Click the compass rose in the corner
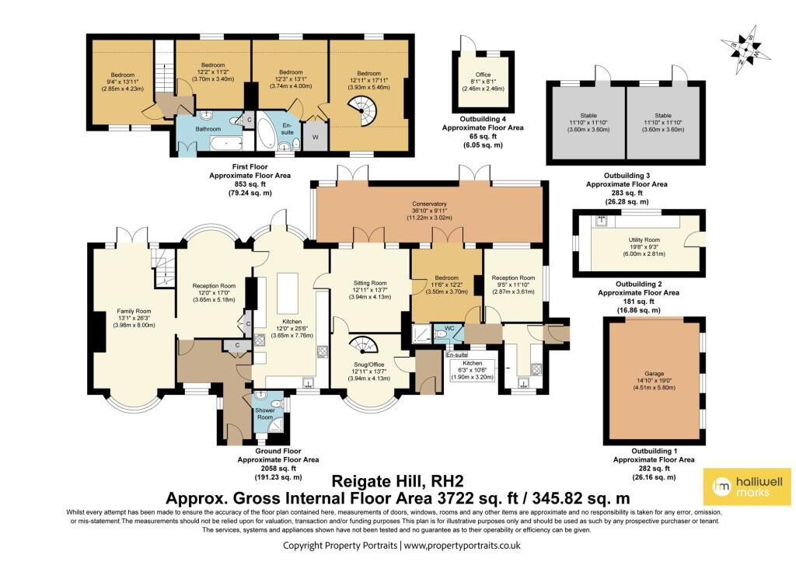click(x=745, y=50)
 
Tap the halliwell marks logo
click(x=747, y=487)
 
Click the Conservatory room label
click(x=429, y=204)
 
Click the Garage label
click(x=655, y=374)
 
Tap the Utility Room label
click(x=644, y=239)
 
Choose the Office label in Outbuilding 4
click(x=483, y=75)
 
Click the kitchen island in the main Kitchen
click(x=288, y=294)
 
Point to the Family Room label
click(x=134, y=311)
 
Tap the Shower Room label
click(x=265, y=414)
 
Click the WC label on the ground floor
click(x=449, y=327)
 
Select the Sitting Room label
click(x=370, y=283)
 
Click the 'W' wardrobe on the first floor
click(x=316, y=137)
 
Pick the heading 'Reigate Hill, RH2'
click(x=397, y=481)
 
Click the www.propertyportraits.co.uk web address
click(x=462, y=546)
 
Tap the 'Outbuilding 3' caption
click(x=627, y=176)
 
